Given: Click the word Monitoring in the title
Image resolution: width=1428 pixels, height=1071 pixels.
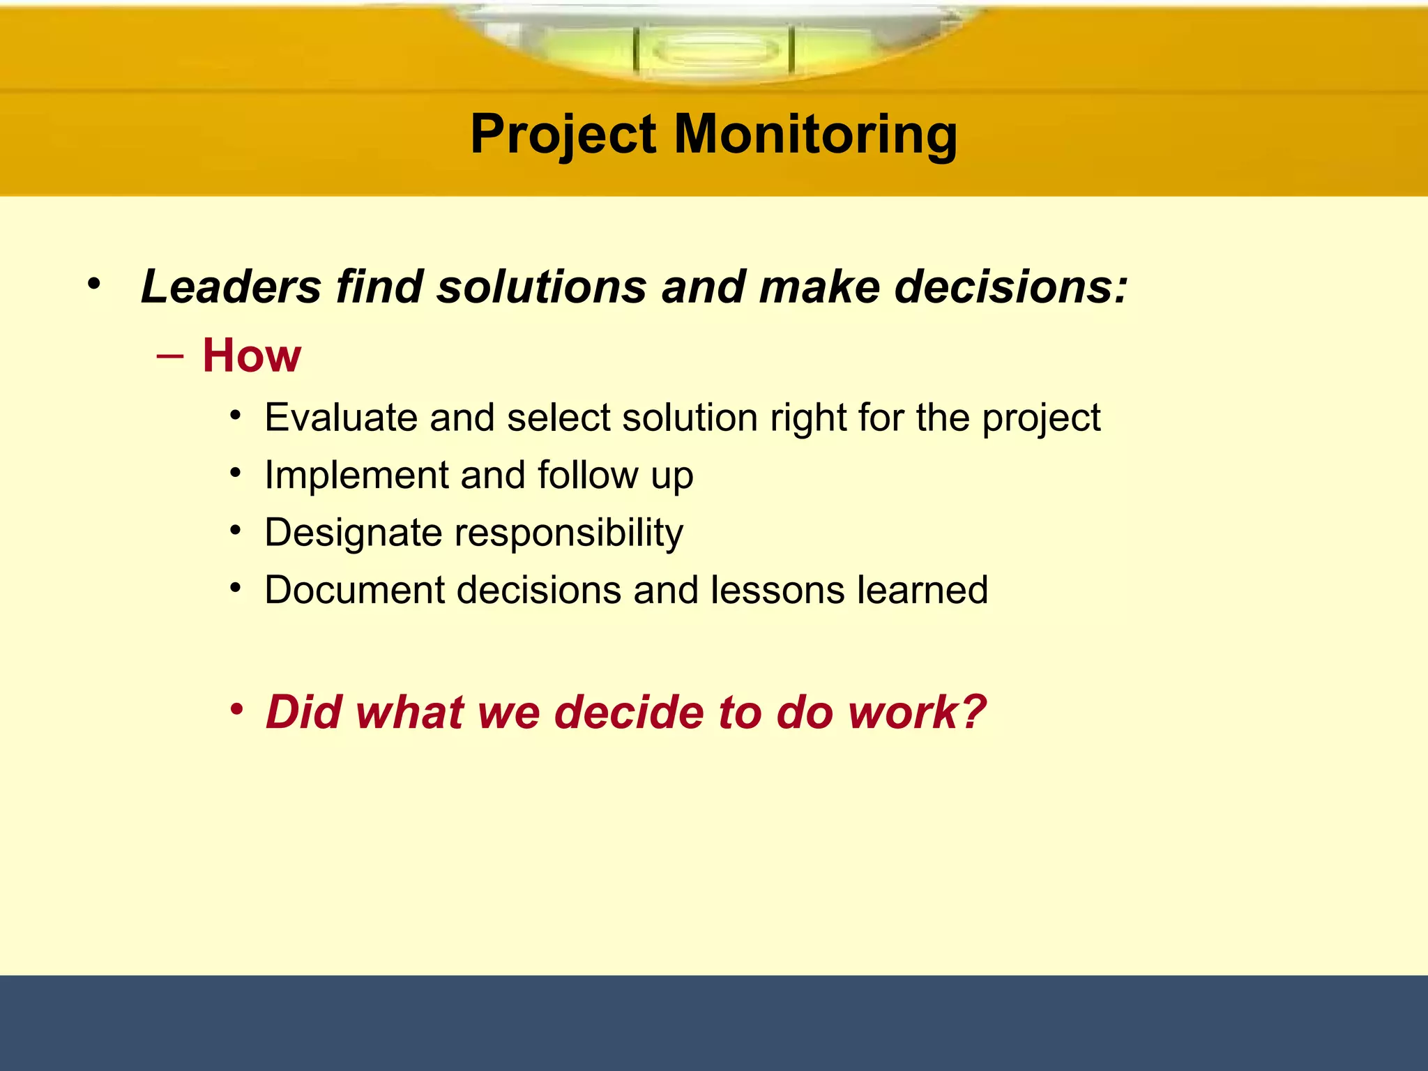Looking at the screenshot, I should pos(816,135).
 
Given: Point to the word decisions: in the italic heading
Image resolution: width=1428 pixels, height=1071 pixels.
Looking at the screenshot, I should pos(1010,287).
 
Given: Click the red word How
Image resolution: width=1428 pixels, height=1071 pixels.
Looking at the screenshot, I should pos(252,356).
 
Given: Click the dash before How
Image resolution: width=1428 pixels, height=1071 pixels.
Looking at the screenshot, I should pos(170,356).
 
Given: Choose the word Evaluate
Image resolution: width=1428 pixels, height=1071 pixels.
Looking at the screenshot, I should pos(340,418).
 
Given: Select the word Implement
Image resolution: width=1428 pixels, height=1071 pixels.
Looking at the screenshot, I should pos(356,476).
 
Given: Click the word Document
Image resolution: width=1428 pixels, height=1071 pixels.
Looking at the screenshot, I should pos(354,591).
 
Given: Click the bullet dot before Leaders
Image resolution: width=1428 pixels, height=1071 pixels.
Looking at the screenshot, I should pos(94,284).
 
